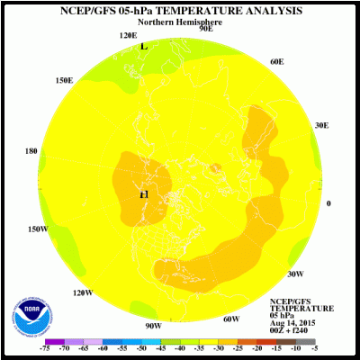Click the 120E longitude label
point(129,35)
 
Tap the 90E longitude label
point(205,29)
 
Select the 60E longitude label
point(277,61)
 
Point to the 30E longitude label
point(320,125)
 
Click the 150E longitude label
point(64,80)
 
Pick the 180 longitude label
point(31,151)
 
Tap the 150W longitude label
point(38,229)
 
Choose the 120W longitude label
point(83,292)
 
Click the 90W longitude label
point(153,325)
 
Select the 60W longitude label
point(231,319)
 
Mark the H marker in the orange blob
point(143,194)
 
